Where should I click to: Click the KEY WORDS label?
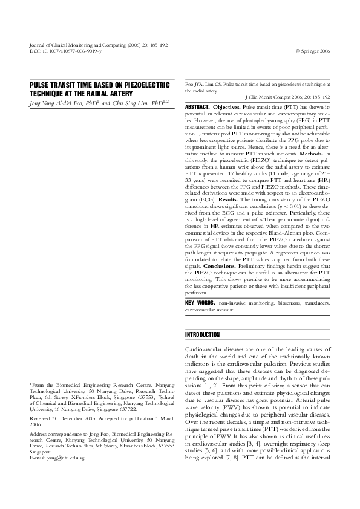200,302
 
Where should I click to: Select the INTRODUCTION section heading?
203,334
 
